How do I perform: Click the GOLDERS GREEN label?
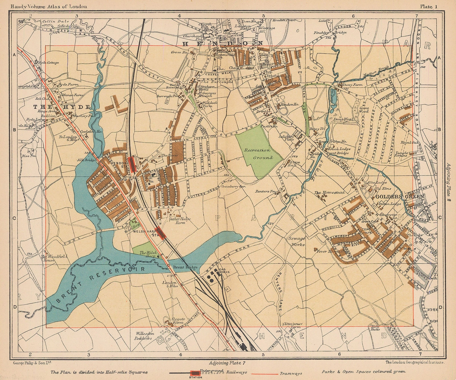coord(400,197)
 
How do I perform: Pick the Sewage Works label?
coord(296,241)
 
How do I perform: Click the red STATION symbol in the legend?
coord(195,373)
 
